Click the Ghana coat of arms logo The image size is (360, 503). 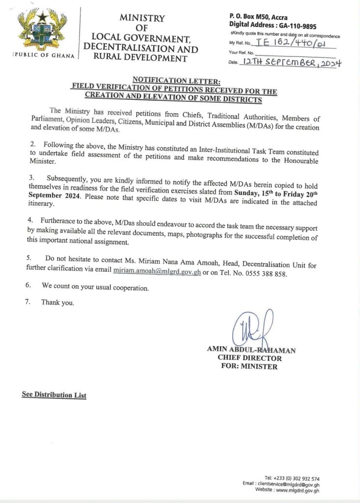click(42, 30)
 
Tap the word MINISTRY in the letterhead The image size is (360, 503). click(142, 18)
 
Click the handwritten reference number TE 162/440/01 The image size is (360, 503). click(294, 43)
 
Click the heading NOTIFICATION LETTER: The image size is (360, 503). click(173, 80)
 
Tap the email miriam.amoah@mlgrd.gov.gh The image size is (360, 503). click(157, 271)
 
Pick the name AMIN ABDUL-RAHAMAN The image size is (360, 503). click(251, 350)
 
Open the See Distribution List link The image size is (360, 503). click(54, 395)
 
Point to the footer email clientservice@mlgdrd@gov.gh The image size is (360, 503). click(288, 484)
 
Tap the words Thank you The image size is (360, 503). click(58, 302)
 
